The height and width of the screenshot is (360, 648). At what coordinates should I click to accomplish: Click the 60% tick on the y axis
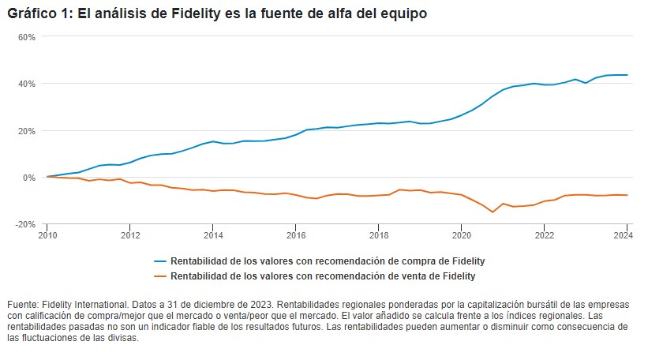pyautogui.click(x=27, y=37)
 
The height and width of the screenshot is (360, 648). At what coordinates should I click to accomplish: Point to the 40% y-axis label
pyautogui.click(x=27, y=84)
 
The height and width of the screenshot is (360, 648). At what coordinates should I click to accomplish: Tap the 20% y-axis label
pyautogui.click(x=27, y=130)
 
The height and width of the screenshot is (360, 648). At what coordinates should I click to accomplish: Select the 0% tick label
pyautogui.click(x=29, y=178)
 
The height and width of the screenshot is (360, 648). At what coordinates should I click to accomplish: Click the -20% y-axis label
pyautogui.click(x=26, y=224)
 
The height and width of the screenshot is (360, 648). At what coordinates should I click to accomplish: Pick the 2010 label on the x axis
pyautogui.click(x=47, y=234)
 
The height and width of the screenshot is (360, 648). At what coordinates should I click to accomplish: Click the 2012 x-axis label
pyautogui.click(x=130, y=234)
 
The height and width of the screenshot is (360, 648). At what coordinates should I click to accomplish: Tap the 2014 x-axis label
pyautogui.click(x=213, y=234)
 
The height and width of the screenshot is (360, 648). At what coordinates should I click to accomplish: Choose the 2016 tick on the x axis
pyautogui.click(x=296, y=234)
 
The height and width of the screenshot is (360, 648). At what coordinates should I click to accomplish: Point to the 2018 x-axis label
pyautogui.click(x=379, y=234)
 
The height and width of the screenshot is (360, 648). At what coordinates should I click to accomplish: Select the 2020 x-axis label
pyautogui.click(x=462, y=234)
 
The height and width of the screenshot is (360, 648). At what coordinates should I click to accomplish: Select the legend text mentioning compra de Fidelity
pyautogui.click(x=328, y=261)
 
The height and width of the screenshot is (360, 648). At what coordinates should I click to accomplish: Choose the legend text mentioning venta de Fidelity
pyautogui.click(x=324, y=276)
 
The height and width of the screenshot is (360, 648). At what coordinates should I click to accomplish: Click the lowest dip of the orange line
pyautogui.click(x=493, y=212)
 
